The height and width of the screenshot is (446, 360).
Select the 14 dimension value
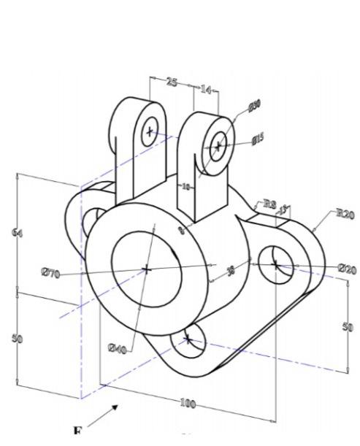click(206, 90)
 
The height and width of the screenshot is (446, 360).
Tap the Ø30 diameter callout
click(254, 107)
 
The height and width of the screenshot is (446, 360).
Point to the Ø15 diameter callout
click(258, 138)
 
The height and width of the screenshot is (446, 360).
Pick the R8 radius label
click(269, 204)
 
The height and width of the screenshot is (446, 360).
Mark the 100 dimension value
click(188, 403)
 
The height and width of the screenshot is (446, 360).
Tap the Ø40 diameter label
click(117, 349)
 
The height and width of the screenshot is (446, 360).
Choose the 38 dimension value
click(231, 271)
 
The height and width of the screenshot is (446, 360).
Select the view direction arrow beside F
click(103, 415)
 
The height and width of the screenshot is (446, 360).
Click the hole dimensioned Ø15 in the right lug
click(218, 146)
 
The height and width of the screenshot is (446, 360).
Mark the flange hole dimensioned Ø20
click(275, 263)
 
